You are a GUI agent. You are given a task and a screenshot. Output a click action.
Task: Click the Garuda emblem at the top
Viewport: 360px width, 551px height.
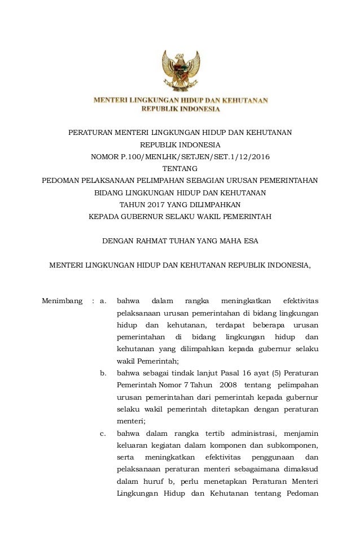(x=181, y=70)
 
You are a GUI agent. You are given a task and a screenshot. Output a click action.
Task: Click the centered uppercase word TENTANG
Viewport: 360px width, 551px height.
(x=180, y=168)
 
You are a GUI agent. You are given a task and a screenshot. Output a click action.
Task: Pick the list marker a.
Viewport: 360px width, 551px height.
(x=103, y=300)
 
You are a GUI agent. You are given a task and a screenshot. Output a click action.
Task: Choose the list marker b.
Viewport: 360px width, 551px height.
(x=103, y=373)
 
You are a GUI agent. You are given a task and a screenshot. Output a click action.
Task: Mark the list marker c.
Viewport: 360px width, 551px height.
(x=103, y=434)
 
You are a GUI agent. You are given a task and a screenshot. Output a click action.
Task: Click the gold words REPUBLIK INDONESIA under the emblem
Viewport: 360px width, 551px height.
(x=181, y=108)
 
